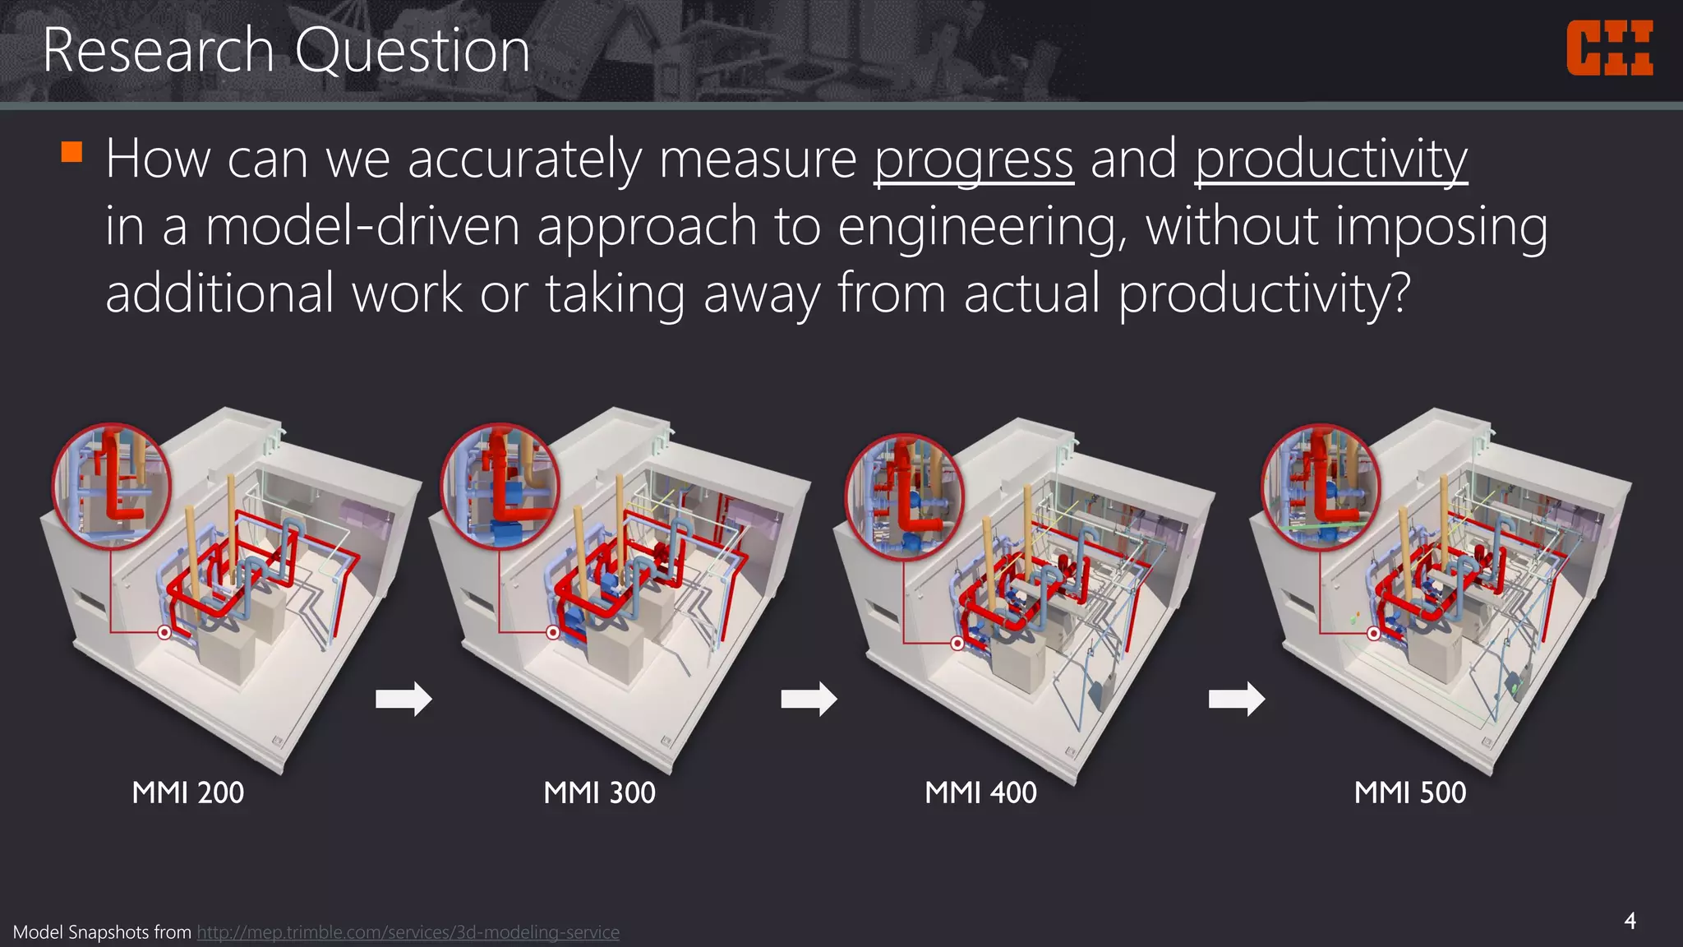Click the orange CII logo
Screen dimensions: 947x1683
pos(1609,49)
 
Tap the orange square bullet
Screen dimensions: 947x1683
pos(72,152)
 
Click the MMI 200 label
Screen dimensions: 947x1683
pos(187,792)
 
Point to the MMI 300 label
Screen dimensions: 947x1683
pos(599,792)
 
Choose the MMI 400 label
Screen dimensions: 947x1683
pos(980,792)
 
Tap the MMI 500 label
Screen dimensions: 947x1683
pos(1410,792)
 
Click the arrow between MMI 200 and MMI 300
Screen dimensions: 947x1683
pos(403,699)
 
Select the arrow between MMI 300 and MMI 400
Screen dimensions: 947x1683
pos(809,699)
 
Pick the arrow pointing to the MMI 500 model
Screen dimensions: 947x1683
pos(1237,699)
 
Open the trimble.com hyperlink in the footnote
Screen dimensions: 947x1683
pos(408,932)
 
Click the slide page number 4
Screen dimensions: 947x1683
pos(1630,921)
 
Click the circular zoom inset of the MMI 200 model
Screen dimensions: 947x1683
pos(112,486)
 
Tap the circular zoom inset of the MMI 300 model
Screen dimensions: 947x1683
pos(500,486)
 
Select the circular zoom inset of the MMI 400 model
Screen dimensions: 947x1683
pos(905,497)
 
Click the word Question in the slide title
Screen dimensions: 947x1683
pos(412,50)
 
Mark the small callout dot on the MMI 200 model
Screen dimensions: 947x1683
pos(164,632)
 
